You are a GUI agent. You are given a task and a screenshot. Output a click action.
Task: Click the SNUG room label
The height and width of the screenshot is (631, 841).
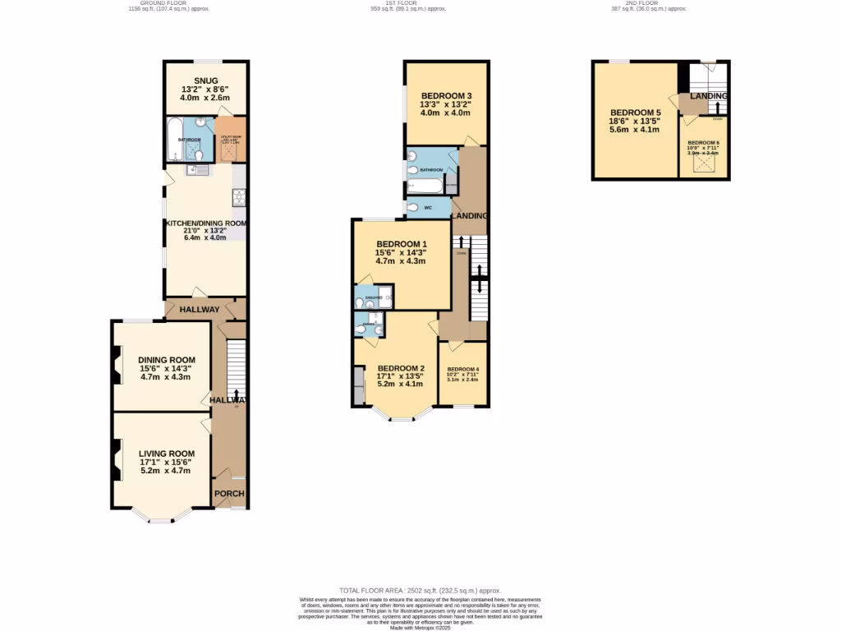[x=194, y=80]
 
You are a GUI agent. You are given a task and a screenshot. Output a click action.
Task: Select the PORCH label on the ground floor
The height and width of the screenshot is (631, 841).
[x=229, y=494]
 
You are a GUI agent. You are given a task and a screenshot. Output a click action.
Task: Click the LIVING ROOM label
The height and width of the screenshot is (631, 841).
[x=166, y=454]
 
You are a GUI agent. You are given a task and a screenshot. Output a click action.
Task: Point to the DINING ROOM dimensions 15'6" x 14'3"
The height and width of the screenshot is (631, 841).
[x=166, y=369]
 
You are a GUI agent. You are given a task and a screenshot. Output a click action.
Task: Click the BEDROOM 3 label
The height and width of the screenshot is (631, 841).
[x=446, y=95]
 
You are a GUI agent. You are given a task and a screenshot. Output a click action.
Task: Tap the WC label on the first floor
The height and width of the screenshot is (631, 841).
[x=428, y=208]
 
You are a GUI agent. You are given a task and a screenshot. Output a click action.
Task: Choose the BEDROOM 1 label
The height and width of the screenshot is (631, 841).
[x=401, y=244]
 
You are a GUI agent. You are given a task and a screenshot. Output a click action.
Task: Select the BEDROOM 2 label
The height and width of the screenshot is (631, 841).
[x=400, y=368]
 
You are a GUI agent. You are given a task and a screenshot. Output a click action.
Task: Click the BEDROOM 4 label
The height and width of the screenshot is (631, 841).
[x=463, y=370]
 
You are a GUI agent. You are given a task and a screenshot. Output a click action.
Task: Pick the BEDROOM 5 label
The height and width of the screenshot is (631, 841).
[x=635, y=113]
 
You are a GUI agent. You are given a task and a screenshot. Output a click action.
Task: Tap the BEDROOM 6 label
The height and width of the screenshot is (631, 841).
[x=703, y=143]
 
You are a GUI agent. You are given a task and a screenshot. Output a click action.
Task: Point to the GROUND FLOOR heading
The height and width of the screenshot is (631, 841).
[x=163, y=3]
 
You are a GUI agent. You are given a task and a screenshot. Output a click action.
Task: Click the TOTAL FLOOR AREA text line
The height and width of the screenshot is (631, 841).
[x=420, y=591]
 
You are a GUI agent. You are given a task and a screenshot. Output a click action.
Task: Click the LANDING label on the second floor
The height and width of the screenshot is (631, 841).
[x=707, y=96]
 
